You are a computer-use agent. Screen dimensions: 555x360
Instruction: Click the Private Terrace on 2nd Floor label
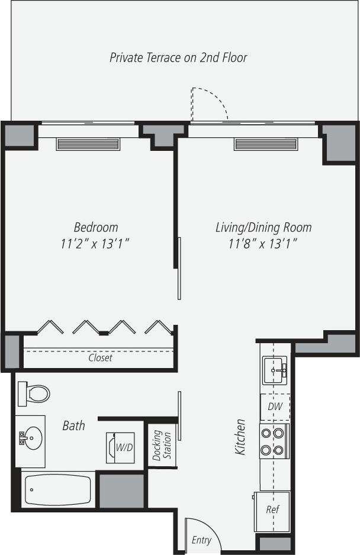pos(178,57)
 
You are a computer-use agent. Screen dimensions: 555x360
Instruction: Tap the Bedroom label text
pos(95,227)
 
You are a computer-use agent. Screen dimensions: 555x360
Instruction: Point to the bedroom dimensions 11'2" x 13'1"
pos(95,243)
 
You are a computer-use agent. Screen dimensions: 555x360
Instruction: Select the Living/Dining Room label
pos(263,227)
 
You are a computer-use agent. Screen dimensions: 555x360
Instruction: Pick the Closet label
pos(100,357)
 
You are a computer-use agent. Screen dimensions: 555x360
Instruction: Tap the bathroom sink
pos(30,438)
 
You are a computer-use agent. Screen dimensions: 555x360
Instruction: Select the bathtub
pos(58,490)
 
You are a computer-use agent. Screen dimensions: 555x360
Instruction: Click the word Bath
pos(74,425)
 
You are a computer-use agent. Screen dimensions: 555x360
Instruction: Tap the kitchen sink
pos(275,370)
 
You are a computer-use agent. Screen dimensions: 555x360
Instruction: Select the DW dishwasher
pos(275,407)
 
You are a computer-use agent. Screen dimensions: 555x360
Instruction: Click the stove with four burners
pos(274,441)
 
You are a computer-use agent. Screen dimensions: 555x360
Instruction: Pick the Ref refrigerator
pos(272,509)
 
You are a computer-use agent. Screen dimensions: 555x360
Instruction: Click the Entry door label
pos(201,540)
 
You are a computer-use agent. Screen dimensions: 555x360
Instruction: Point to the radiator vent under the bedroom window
pos(88,144)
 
